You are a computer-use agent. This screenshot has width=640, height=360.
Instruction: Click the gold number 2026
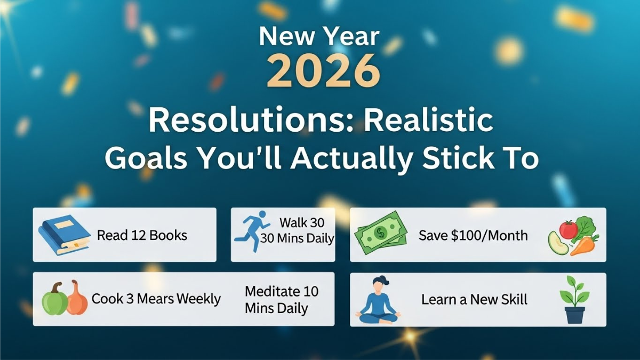[x=319, y=70]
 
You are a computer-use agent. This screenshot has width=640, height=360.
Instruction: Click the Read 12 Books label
[x=142, y=235]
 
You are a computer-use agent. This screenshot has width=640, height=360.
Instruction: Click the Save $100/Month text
[x=473, y=235]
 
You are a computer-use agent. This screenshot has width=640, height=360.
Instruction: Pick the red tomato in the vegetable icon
[x=569, y=229]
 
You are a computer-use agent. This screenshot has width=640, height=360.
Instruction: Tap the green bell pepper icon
[x=55, y=300]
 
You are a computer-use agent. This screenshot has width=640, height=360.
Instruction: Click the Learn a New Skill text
[x=474, y=299]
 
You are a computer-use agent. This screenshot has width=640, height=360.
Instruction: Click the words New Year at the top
[x=319, y=37]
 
